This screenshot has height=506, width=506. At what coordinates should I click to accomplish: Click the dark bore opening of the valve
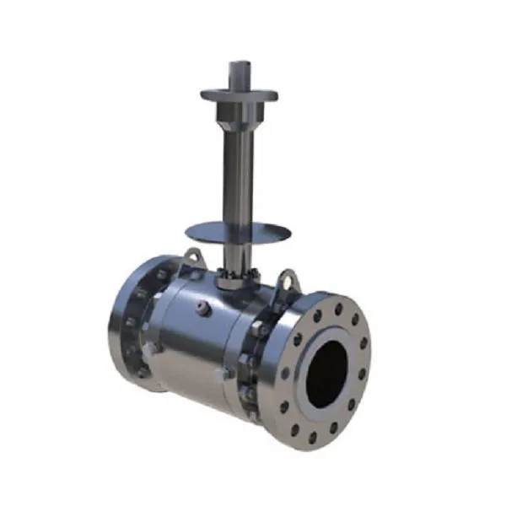(x=326, y=372)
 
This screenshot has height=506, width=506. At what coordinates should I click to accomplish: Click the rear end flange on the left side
(x=126, y=325)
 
